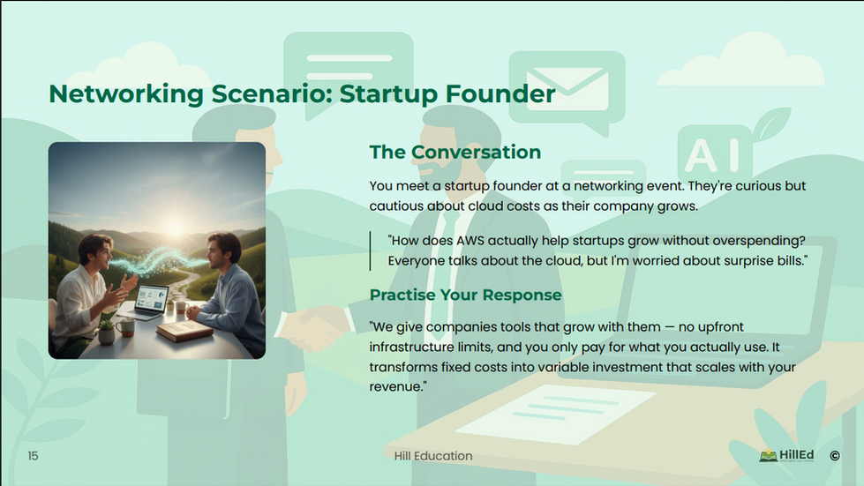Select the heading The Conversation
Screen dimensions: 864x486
(x=455, y=152)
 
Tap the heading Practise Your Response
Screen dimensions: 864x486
(x=466, y=295)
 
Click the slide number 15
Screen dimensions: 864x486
(x=33, y=456)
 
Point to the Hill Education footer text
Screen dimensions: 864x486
(x=433, y=456)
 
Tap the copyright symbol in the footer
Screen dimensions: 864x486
(x=835, y=456)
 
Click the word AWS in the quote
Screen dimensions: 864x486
(x=470, y=241)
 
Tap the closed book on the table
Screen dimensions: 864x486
(x=184, y=332)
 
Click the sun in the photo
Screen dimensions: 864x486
(x=175, y=226)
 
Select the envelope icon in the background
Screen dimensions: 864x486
(x=567, y=88)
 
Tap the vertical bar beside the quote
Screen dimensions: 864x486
(x=371, y=251)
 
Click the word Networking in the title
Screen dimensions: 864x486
(x=126, y=94)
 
